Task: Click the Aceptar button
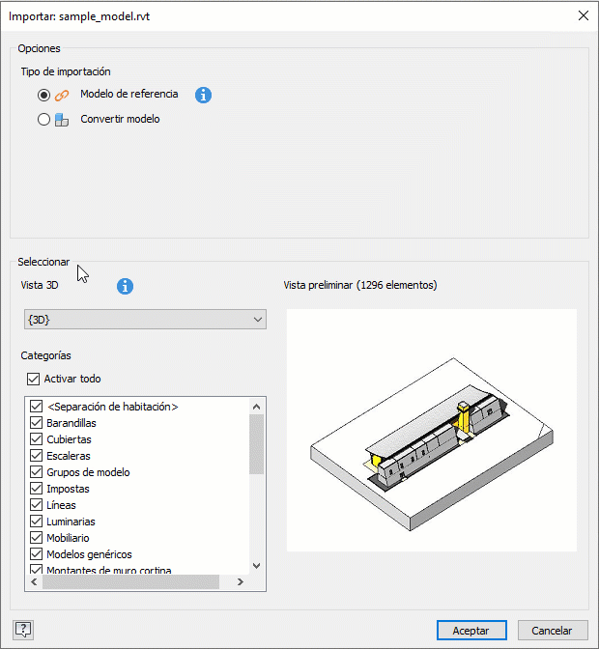tap(471, 631)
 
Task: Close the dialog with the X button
tap(584, 15)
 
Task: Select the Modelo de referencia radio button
tap(43, 96)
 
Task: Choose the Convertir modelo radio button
tap(43, 120)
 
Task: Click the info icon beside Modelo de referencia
tap(203, 96)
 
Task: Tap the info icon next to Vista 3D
tap(125, 286)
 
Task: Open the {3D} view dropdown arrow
tap(258, 320)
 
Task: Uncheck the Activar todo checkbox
tap(33, 379)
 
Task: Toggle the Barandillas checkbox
tap(37, 423)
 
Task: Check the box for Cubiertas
tap(37, 439)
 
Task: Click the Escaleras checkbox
tap(37, 456)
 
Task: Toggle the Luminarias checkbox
tap(37, 522)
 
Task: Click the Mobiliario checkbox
tap(37, 538)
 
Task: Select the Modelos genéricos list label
tap(89, 554)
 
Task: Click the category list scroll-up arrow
tap(256, 407)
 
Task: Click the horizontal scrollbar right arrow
tap(241, 582)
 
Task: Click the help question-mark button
tap(23, 630)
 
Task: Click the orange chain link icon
tap(62, 96)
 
